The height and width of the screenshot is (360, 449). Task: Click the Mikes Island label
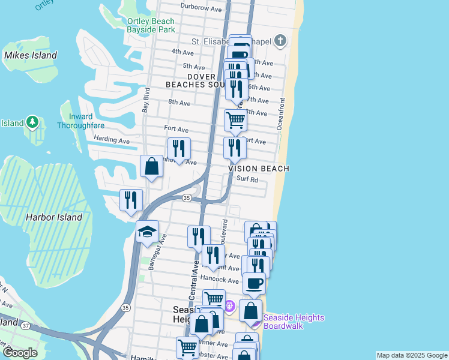[x=30, y=55]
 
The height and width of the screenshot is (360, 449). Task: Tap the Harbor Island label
[x=53, y=217]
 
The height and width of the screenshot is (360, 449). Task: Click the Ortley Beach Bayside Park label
[x=151, y=25]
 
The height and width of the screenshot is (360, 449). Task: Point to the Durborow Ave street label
[x=202, y=8]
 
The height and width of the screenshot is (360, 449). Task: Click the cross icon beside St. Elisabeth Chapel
[x=279, y=41]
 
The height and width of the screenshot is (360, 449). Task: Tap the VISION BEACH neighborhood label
[x=259, y=169]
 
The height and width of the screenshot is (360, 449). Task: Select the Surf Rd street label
[x=247, y=179]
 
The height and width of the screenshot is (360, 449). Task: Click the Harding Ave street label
[x=112, y=140]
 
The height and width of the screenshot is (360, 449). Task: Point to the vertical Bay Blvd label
[x=145, y=100]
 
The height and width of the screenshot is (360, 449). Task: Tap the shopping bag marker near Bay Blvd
[x=151, y=166]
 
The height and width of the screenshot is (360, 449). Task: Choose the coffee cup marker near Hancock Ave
[x=254, y=283]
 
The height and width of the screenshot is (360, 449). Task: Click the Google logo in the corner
[x=19, y=352]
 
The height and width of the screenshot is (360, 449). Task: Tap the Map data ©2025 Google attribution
[x=412, y=355]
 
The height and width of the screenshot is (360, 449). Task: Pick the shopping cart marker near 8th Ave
[x=235, y=119]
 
